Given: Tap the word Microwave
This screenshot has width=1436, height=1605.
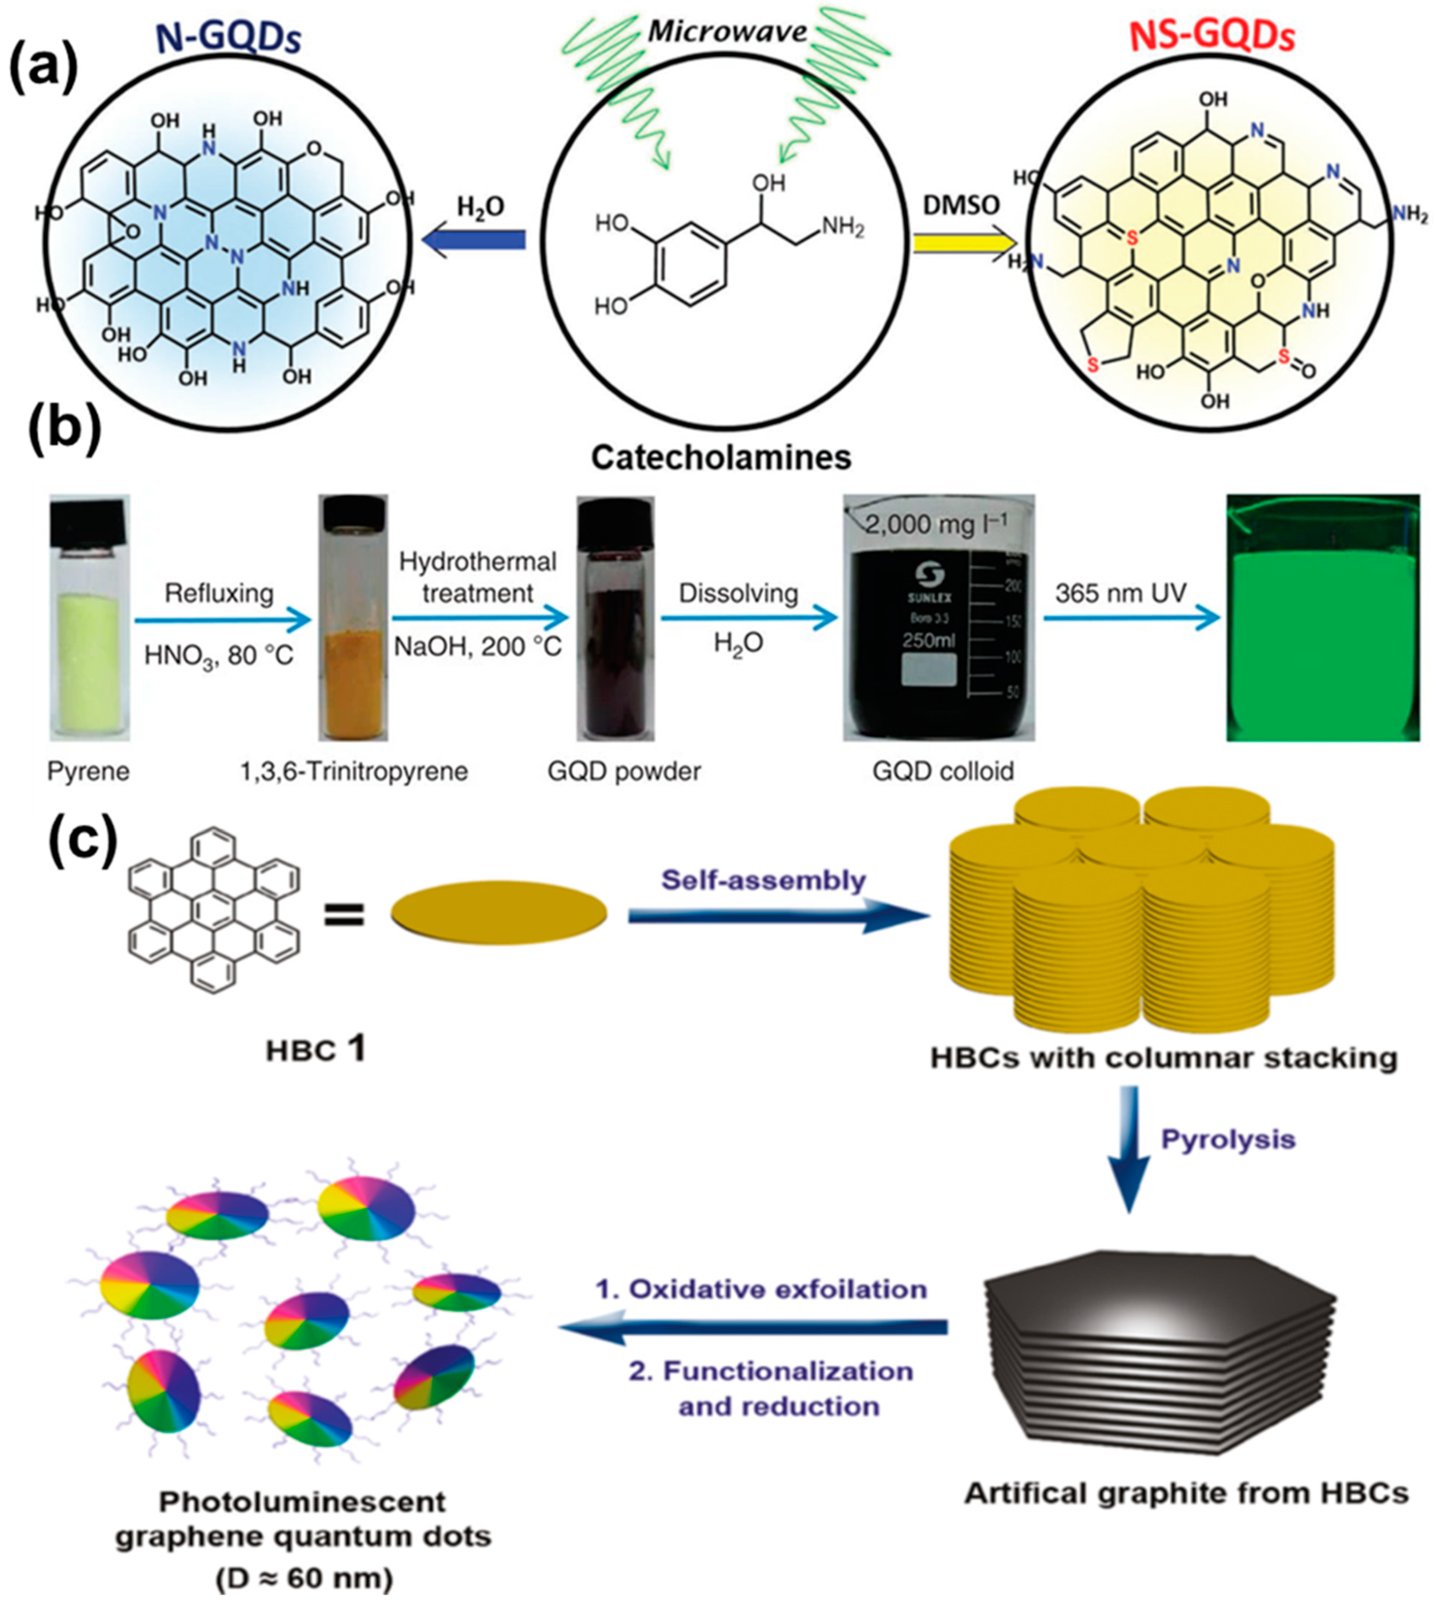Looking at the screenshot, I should click(x=728, y=32).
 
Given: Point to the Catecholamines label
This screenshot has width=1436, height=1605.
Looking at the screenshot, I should click(x=721, y=457).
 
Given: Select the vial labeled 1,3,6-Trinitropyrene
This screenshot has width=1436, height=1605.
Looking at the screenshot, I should click(x=353, y=618).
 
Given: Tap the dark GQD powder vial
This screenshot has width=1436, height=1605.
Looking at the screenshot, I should click(x=615, y=618).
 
